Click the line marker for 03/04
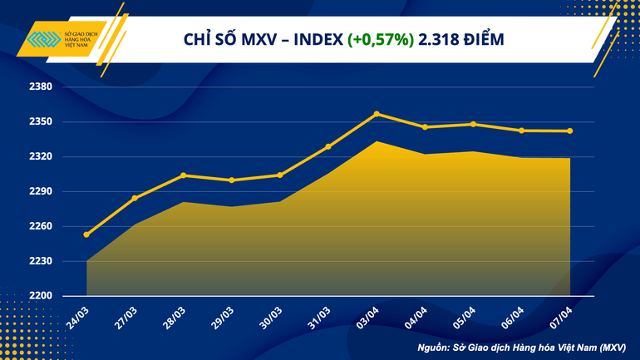377,114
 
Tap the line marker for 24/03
86,234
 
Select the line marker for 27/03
135,198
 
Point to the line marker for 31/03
328,146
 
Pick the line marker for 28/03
183,175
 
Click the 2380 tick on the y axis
41,87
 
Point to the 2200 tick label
41,296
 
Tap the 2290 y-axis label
41,191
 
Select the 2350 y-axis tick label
41,122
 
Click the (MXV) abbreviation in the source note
613,346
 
